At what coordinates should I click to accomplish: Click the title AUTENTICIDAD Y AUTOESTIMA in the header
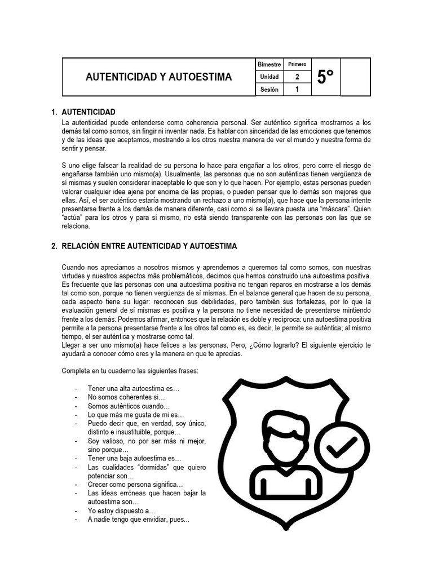point(158,77)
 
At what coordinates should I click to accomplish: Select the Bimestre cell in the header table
point(269,64)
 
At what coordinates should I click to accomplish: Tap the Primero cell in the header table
point(297,64)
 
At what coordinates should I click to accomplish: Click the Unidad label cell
point(269,77)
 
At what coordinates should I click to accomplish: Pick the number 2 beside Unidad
point(297,77)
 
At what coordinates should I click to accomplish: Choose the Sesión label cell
point(269,90)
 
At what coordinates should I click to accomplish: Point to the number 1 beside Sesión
point(297,89)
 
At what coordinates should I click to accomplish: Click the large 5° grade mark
point(325,77)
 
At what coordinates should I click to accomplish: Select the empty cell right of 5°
point(355,77)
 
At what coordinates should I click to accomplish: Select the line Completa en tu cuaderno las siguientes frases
point(130,371)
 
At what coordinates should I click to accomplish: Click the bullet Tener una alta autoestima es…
point(133,389)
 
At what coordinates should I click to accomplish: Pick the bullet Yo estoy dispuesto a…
point(121,511)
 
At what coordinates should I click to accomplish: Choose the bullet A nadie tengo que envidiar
point(138,520)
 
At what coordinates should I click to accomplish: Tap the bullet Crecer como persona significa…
point(135,485)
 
